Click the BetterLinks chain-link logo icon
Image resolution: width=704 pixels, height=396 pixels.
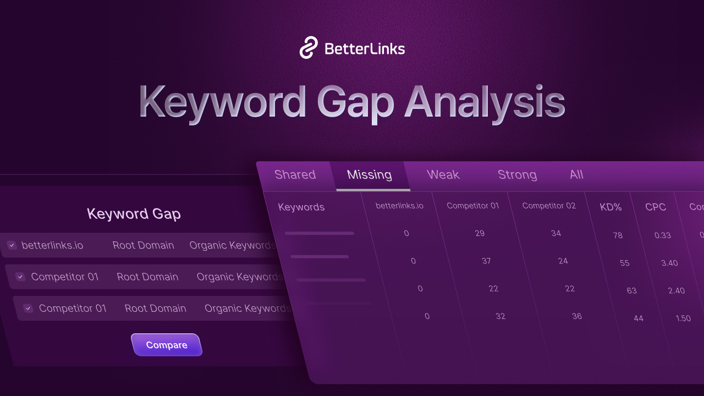[x=309, y=48]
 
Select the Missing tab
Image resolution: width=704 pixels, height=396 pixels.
[x=370, y=175]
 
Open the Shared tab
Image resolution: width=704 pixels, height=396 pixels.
[x=295, y=174]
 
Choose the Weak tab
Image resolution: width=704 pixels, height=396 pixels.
[x=443, y=174]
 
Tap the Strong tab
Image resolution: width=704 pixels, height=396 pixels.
[x=517, y=175]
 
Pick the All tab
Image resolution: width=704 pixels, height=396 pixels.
[x=576, y=174]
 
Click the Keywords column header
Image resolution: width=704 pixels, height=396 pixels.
[x=301, y=207]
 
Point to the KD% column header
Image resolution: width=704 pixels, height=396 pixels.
[x=610, y=207]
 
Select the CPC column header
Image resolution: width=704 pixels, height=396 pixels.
[x=656, y=207]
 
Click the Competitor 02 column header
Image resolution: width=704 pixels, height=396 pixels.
[x=549, y=206]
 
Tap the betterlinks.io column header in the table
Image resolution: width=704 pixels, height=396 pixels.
[x=399, y=206]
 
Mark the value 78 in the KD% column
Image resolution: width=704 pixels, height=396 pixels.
[x=618, y=235]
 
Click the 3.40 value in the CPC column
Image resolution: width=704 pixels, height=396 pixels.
[x=669, y=263]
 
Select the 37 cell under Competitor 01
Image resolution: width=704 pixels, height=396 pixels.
[x=486, y=261]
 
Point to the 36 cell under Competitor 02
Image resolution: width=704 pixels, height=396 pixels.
[x=576, y=316]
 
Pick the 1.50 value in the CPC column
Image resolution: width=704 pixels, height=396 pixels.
[x=683, y=318]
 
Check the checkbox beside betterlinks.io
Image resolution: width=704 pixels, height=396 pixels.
[x=12, y=245]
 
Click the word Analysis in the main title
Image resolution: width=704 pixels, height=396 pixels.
[x=485, y=102]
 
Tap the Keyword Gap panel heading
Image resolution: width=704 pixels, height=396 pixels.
[x=134, y=214]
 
